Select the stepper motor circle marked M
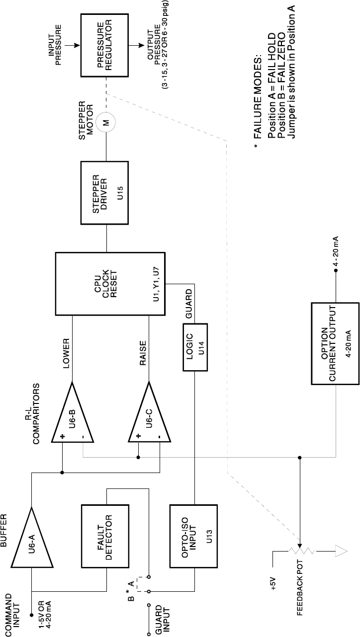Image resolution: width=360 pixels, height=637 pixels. point(105,123)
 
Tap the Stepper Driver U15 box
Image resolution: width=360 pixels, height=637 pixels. point(104,193)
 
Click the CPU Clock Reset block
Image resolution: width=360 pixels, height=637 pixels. point(110,284)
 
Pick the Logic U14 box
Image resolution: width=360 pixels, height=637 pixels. point(195,347)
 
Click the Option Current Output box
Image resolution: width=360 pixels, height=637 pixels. point(335,343)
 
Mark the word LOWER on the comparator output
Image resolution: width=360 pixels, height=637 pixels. point(66,353)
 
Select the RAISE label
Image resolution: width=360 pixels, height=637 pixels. point(143,353)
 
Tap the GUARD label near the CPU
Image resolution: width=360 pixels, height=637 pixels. point(188,304)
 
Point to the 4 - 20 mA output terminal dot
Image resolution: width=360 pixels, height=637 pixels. point(336,270)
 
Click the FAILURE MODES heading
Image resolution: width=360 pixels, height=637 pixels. point(258,96)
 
